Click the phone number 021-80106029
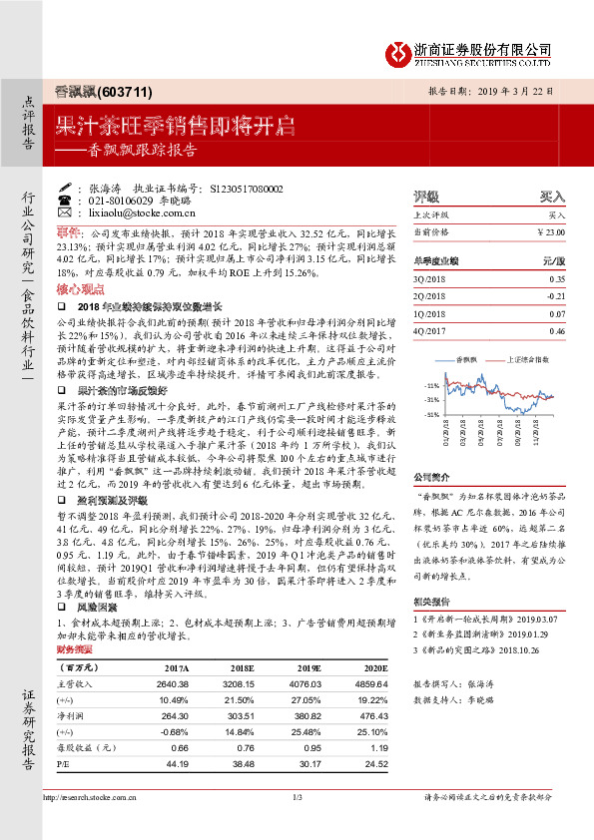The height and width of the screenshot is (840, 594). pyautogui.click(x=123, y=201)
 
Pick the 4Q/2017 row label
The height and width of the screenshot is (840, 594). pyautogui.click(x=429, y=330)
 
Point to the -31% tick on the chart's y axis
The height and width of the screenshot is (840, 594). pyautogui.click(x=431, y=398)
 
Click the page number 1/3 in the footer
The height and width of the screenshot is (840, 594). pyautogui.click(x=297, y=824)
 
